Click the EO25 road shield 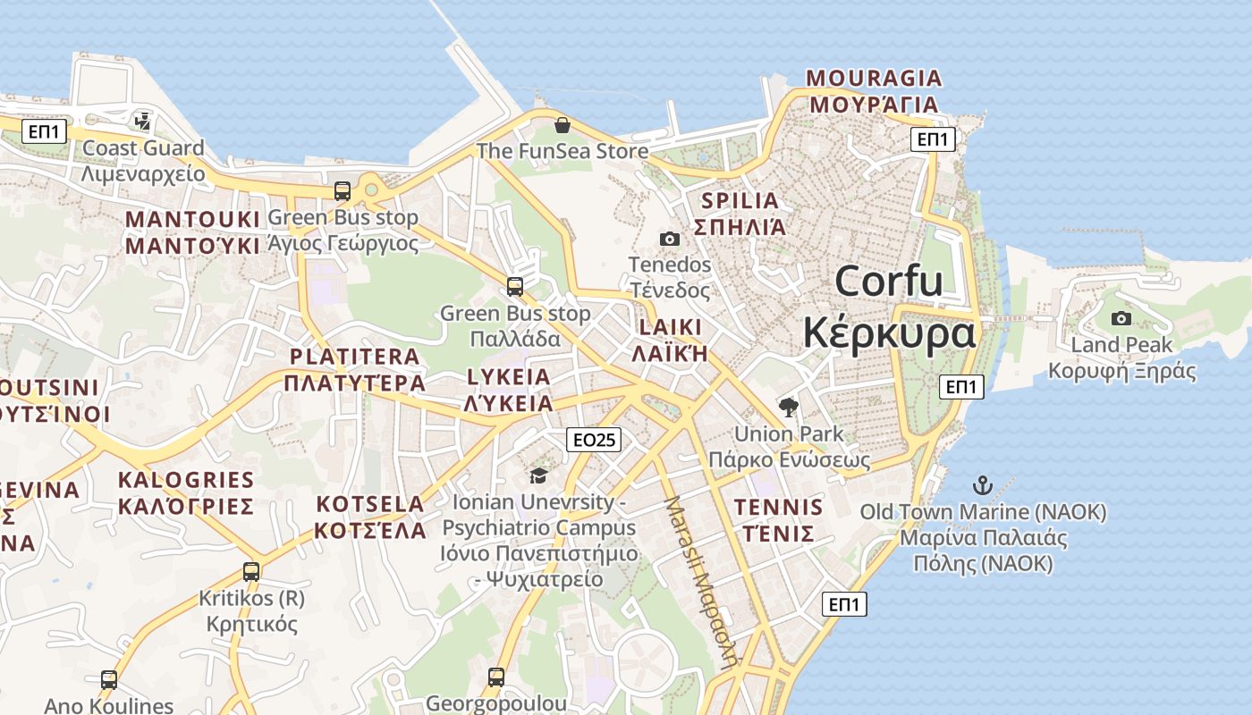click(x=594, y=440)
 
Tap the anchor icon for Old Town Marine click(x=983, y=486)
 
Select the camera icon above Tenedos click(x=669, y=239)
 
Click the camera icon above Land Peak click(x=1121, y=318)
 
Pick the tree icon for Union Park click(x=788, y=408)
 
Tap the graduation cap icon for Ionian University click(x=538, y=475)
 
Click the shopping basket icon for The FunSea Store click(x=563, y=125)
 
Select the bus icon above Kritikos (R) click(x=251, y=572)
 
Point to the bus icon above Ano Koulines click(x=109, y=680)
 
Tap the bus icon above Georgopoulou click(x=496, y=677)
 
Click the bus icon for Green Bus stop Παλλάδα click(x=515, y=287)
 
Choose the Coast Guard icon click(x=142, y=121)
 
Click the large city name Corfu click(x=889, y=282)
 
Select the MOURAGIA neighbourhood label click(x=874, y=78)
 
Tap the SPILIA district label click(x=740, y=201)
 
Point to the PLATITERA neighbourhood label click(x=354, y=357)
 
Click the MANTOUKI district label click(x=193, y=220)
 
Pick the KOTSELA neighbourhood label click(x=370, y=503)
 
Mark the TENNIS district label click(x=778, y=508)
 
